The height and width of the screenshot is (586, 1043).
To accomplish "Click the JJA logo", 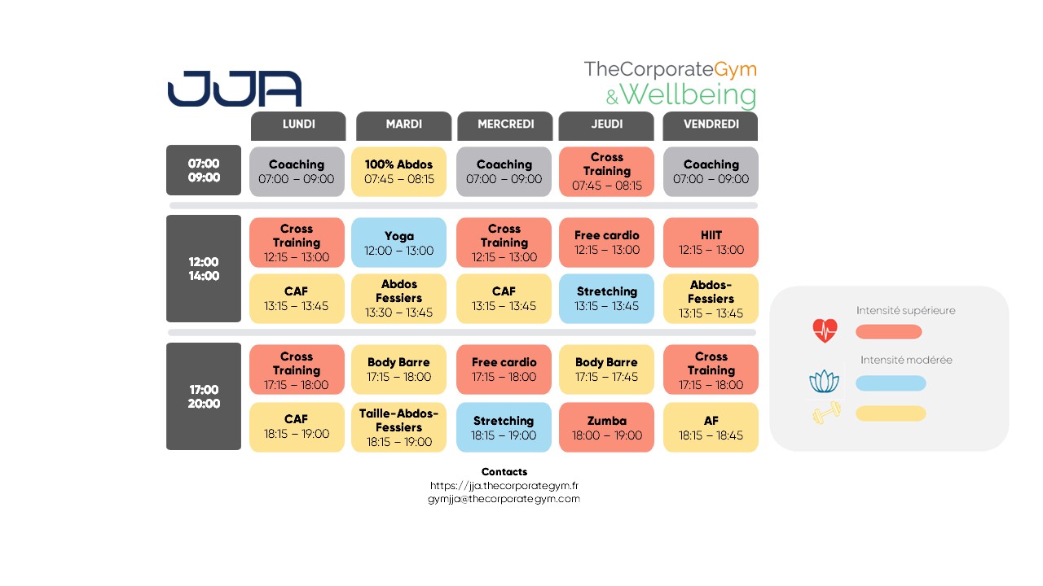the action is (235, 89).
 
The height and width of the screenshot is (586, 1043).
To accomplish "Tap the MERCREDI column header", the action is (505, 125).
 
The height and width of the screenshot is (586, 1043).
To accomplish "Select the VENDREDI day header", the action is (711, 125).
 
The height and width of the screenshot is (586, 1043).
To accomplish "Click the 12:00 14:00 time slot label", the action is (204, 269).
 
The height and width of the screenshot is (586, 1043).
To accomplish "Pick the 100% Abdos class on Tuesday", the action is (399, 172).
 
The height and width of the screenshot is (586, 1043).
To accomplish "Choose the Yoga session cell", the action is (399, 243).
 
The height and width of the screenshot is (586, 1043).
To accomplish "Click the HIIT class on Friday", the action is (711, 243).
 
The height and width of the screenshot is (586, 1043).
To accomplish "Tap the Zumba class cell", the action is (607, 427).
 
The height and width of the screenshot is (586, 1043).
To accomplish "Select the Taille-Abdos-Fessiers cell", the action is (399, 427).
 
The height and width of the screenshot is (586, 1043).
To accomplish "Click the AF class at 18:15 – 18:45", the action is (711, 427).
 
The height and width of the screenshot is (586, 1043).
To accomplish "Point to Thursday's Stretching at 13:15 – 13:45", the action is (607, 299).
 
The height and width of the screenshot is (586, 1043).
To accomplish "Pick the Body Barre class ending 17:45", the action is (607, 370).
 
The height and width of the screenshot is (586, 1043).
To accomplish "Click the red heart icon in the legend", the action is (825, 330).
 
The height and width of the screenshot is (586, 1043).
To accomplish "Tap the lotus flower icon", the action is (824, 382).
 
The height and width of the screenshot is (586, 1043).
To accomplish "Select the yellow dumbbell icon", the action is (826, 413).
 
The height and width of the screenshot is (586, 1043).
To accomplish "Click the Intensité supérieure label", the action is (905, 311).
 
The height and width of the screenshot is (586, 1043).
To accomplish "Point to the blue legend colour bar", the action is (891, 383).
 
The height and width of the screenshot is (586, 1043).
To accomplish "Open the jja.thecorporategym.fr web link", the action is (504, 486).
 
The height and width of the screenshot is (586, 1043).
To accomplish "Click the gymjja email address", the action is (504, 499).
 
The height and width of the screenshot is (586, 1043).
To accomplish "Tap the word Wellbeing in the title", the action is (688, 95).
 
